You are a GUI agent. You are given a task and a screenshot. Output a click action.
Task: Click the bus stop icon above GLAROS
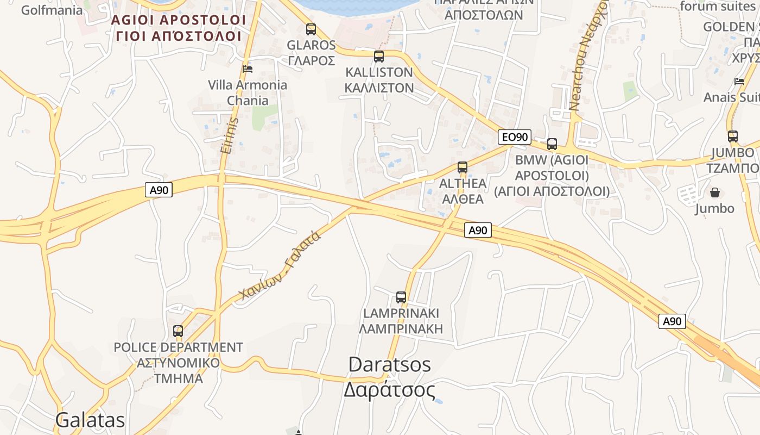click(x=311, y=29)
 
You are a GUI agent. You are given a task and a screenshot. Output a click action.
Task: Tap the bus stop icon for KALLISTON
click(x=379, y=56)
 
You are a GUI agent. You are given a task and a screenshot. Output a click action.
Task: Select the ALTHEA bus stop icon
click(x=463, y=167)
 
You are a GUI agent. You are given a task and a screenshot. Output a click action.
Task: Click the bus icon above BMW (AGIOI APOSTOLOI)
click(x=552, y=144)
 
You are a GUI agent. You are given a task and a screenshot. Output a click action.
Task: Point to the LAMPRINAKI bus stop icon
click(x=401, y=297)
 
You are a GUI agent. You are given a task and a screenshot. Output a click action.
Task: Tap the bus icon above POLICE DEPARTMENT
click(x=178, y=331)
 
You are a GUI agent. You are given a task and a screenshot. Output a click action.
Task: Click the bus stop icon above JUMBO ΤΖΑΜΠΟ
click(x=733, y=136)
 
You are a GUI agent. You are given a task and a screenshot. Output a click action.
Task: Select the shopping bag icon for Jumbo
click(x=715, y=192)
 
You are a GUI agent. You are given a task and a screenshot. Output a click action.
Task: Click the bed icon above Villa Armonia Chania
click(x=248, y=69)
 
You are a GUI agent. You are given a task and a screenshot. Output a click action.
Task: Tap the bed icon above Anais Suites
click(x=739, y=82)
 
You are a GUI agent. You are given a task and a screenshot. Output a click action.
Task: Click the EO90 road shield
click(x=514, y=137)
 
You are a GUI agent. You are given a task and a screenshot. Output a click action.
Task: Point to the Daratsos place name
click(x=389, y=364)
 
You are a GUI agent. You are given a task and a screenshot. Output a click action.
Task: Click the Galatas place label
click(x=90, y=420)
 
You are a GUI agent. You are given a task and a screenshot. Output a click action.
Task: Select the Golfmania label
click(x=52, y=10)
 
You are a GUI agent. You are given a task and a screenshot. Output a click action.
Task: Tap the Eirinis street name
click(x=230, y=135)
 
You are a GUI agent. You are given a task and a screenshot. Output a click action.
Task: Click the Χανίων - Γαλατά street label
click(x=280, y=265)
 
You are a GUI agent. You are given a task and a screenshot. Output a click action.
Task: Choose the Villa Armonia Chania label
click(x=248, y=92)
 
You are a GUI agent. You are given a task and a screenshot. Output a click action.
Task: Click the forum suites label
click(x=717, y=7)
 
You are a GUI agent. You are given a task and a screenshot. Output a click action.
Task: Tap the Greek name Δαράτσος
click(x=389, y=390)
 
